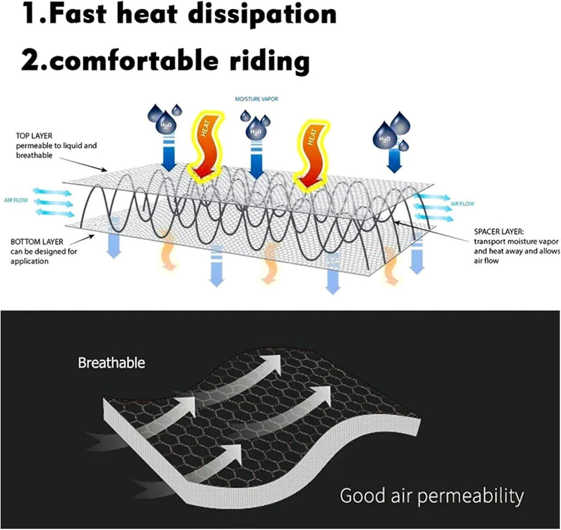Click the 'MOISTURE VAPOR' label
coord(256,99)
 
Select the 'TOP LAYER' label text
coord(34,136)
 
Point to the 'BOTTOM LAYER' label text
coord(37,242)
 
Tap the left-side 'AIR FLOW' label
coord(16,200)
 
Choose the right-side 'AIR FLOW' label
coord(462,204)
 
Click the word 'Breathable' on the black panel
coord(112,363)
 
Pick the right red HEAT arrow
coord(311,154)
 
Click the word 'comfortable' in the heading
coord(119,61)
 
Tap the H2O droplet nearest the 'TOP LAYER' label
coord(165,123)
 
